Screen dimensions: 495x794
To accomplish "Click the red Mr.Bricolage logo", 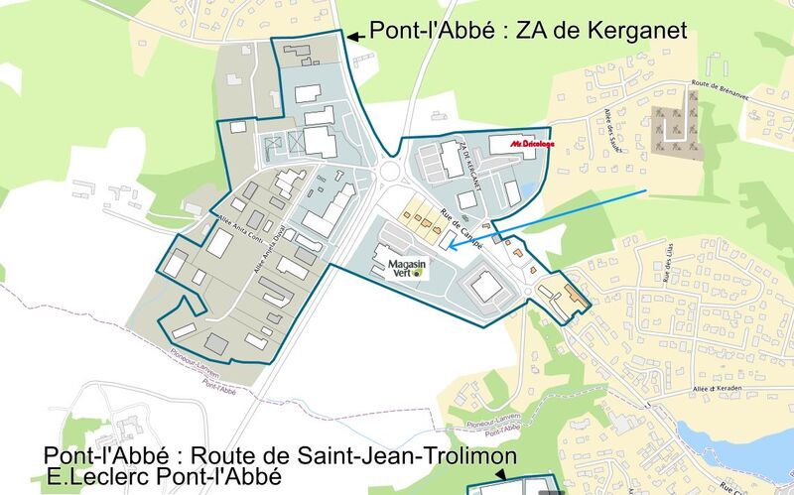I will tap(532, 144).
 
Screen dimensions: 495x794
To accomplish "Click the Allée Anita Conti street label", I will tap(237, 204).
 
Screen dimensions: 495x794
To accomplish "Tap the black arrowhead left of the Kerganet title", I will tap(353, 36).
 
